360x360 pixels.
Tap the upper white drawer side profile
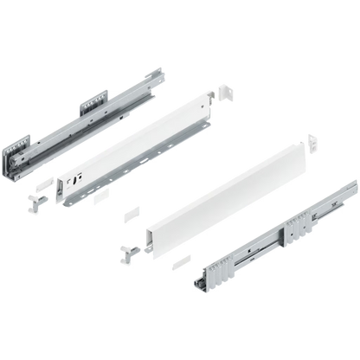138,147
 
